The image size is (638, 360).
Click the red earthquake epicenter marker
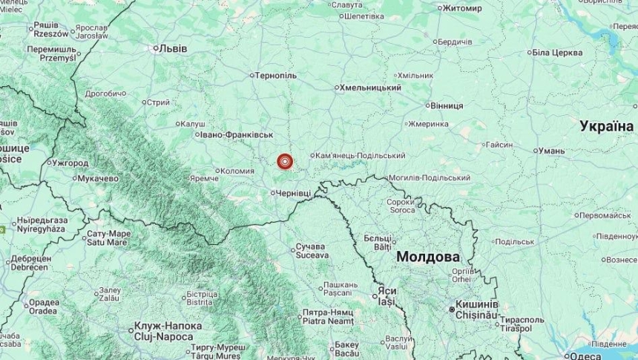click(x=284, y=161)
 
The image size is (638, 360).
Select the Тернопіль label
click(x=276, y=76)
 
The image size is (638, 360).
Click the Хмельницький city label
click(x=371, y=88)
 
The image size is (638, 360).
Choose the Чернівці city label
click(x=294, y=194)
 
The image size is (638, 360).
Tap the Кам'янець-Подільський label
click(x=361, y=156)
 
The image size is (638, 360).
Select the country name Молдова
click(x=427, y=257)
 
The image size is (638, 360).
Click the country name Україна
click(x=606, y=126)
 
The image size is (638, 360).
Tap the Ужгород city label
click(x=71, y=162)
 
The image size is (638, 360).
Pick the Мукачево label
click(x=99, y=179)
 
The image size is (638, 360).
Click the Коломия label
click(x=238, y=171)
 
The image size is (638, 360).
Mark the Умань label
click(x=550, y=151)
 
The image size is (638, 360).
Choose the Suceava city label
click(x=312, y=255)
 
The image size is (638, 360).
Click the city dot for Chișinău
click(x=451, y=309)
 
